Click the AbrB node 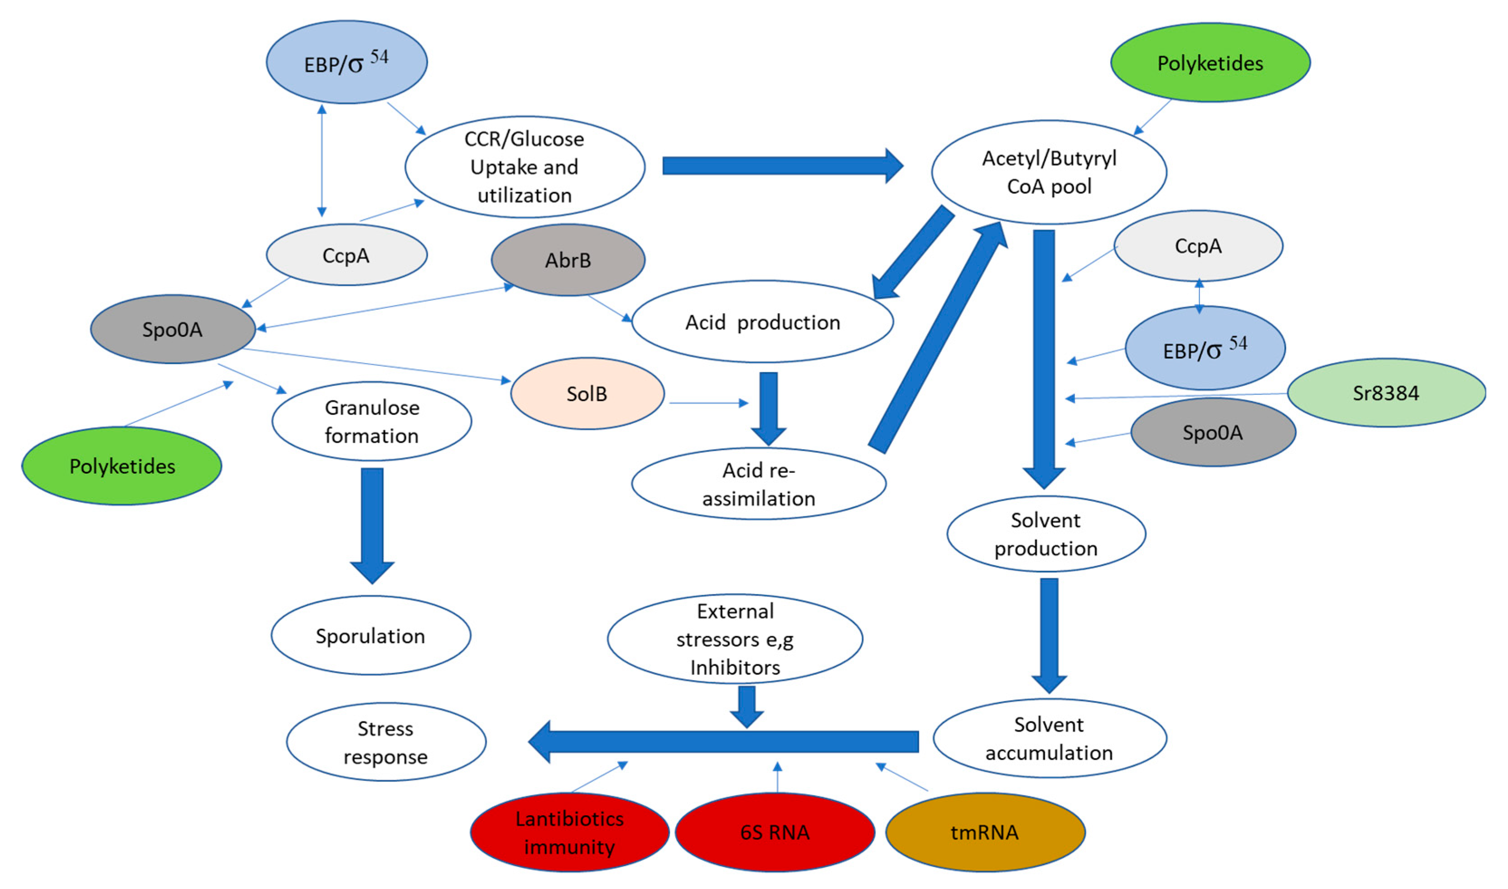pos(568,259)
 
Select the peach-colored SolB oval pos(587,393)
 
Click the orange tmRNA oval pos(984,831)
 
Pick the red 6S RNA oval pos(774,831)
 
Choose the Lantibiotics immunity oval pos(569,831)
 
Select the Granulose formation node pos(371,421)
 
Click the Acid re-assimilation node pos(758,483)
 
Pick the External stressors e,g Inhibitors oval pos(735,639)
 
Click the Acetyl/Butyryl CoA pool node pos(1049,172)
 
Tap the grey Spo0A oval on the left pos(173,329)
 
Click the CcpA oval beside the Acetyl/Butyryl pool pos(1198,245)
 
